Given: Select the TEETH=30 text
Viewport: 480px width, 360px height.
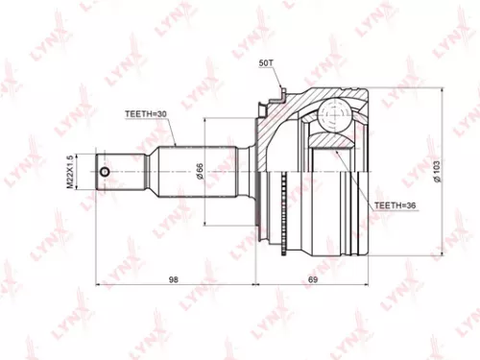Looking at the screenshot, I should pos(145,113).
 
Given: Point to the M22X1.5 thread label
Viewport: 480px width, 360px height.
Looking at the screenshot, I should pos(84,172).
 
